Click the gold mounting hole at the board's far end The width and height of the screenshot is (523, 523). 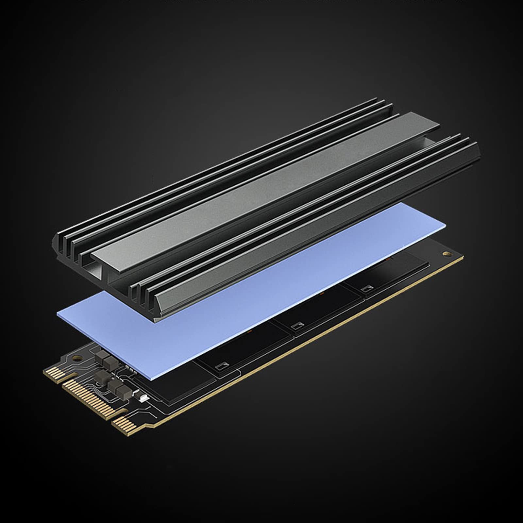click(447, 254)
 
